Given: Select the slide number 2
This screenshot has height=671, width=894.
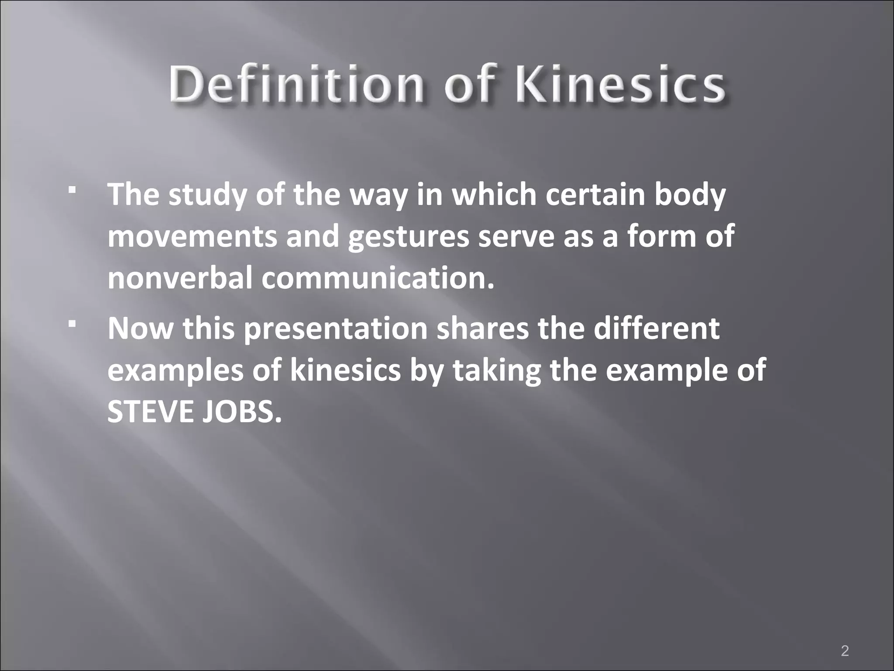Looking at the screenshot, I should [x=845, y=639].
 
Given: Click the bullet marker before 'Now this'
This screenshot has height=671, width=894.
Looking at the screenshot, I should [x=72, y=325].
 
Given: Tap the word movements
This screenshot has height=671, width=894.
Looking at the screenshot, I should [x=193, y=236].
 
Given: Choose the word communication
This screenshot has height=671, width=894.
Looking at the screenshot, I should [x=378, y=278].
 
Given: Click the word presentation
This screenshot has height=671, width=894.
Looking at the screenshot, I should [x=335, y=329].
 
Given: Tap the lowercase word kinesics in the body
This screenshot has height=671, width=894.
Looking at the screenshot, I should [x=345, y=370].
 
